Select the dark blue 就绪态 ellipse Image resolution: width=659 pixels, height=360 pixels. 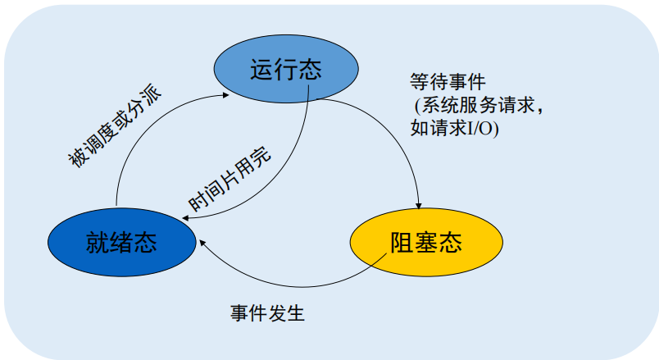click(121, 241)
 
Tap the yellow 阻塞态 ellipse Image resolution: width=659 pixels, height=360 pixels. click(425, 242)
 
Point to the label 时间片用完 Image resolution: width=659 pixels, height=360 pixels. click(230, 180)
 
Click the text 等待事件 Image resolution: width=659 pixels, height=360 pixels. click(448, 82)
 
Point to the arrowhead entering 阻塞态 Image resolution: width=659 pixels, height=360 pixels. click(420, 206)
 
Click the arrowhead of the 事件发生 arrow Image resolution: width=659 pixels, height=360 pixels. click(200, 242)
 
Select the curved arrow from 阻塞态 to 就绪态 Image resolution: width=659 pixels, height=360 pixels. click(287, 285)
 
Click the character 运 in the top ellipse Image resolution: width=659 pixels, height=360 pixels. click(261, 69)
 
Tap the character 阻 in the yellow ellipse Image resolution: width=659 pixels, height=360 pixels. click(402, 243)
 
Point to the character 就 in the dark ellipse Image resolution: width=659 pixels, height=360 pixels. click(97, 242)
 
